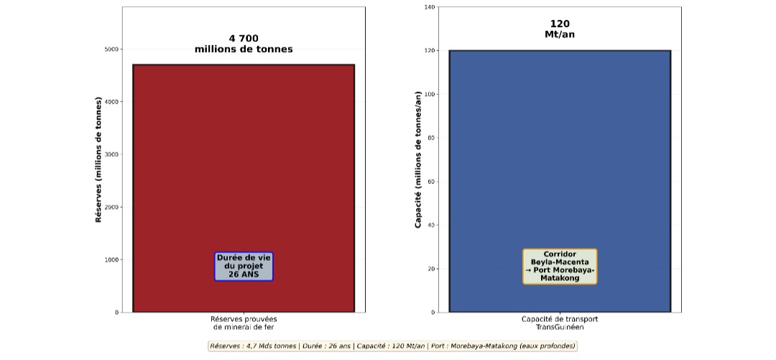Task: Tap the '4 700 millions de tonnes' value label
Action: (244, 44)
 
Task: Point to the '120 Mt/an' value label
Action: (560, 29)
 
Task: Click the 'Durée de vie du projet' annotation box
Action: (244, 266)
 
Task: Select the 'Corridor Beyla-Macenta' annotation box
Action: (560, 266)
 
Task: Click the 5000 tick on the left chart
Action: (111, 50)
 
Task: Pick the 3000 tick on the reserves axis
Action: (111, 154)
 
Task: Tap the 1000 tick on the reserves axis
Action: (111, 259)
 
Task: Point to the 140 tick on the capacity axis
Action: (430, 7)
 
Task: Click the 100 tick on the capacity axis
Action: (430, 94)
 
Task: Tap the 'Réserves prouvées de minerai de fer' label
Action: (244, 323)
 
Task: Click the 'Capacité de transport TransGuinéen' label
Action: (560, 323)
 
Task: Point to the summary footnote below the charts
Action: (392, 346)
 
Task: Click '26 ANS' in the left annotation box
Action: (244, 274)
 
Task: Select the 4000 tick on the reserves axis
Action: (111, 102)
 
